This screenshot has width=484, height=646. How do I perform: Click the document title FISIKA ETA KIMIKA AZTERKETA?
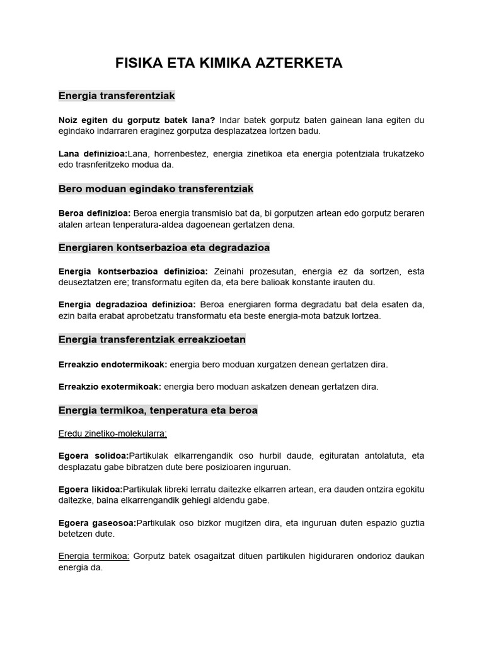pos(229,63)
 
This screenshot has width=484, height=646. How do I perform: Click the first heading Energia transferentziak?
pos(117,96)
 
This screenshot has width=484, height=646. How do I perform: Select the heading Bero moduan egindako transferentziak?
pos(156,189)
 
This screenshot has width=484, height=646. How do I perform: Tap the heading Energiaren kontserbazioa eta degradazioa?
pos(164,247)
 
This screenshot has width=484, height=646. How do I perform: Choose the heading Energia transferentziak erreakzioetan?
pos(152,339)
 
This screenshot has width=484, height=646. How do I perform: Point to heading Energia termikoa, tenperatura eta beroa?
pos(158,410)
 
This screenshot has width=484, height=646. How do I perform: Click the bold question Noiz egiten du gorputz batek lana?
pos(137,120)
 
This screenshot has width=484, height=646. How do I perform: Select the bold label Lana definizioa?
pos(93,153)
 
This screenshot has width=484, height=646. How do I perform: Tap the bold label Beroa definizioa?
pos(95,213)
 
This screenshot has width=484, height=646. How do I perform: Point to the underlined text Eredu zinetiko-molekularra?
pos(112,433)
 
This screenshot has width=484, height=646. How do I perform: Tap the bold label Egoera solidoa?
pos(93,456)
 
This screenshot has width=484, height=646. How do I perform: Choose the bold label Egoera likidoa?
pos(90,489)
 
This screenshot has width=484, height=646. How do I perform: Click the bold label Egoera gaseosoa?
pos(97,522)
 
